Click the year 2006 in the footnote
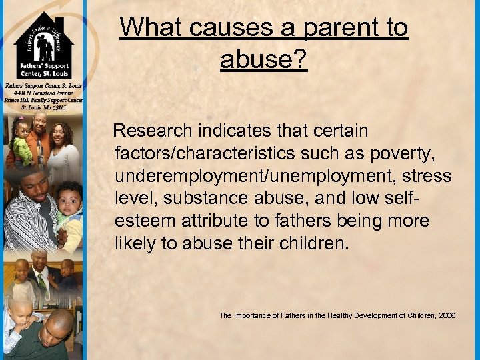[446, 315]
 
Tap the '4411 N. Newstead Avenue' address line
[43, 93]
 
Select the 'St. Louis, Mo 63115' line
[43, 107]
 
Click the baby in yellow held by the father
[69, 207]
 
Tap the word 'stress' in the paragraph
[427, 177]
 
